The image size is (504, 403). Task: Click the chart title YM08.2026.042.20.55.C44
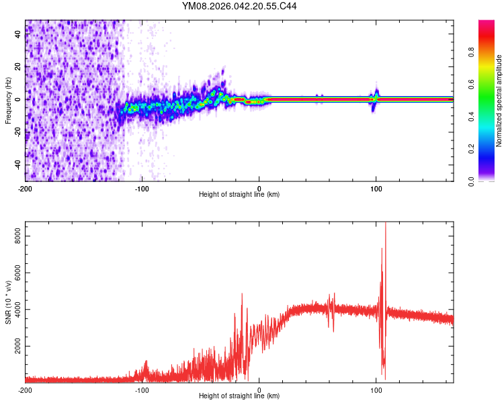click(x=239, y=7)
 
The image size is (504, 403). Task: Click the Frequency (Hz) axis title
click(x=8, y=100)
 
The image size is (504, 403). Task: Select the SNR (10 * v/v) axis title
click(x=8, y=302)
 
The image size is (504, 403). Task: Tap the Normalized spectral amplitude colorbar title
click(x=499, y=100)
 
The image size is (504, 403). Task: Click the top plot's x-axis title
click(x=239, y=195)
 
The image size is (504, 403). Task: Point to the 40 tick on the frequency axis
click(x=17, y=34)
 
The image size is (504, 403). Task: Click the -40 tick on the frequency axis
click(x=17, y=165)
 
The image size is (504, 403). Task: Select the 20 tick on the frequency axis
click(x=17, y=67)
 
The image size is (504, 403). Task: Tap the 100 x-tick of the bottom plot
click(x=376, y=390)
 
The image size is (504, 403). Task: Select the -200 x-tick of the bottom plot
click(x=25, y=390)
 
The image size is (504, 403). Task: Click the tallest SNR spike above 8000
click(x=385, y=226)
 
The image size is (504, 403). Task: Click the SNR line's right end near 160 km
click(x=452, y=319)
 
